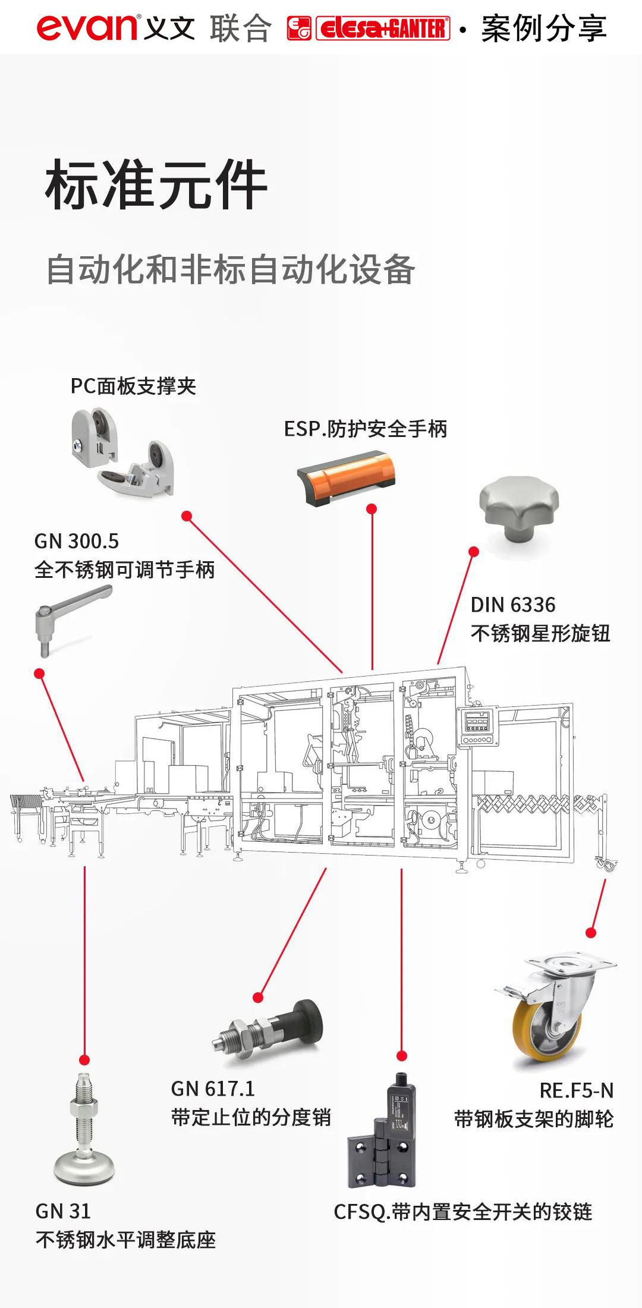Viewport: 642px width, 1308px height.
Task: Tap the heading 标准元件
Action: click(x=156, y=185)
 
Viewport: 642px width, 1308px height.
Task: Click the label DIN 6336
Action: click(x=513, y=605)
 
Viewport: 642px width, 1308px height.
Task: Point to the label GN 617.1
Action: click(x=213, y=1089)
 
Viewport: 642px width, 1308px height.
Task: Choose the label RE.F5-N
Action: click(x=576, y=1090)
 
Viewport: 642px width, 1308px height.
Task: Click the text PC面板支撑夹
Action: click(x=133, y=386)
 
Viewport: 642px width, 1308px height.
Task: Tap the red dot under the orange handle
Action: click(x=372, y=509)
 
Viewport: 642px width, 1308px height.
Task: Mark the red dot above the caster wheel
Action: click(x=591, y=932)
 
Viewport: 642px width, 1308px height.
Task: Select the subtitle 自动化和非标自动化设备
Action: click(x=231, y=269)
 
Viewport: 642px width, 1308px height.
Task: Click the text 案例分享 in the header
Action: click(x=543, y=28)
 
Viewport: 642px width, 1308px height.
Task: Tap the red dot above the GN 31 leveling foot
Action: click(x=84, y=1059)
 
